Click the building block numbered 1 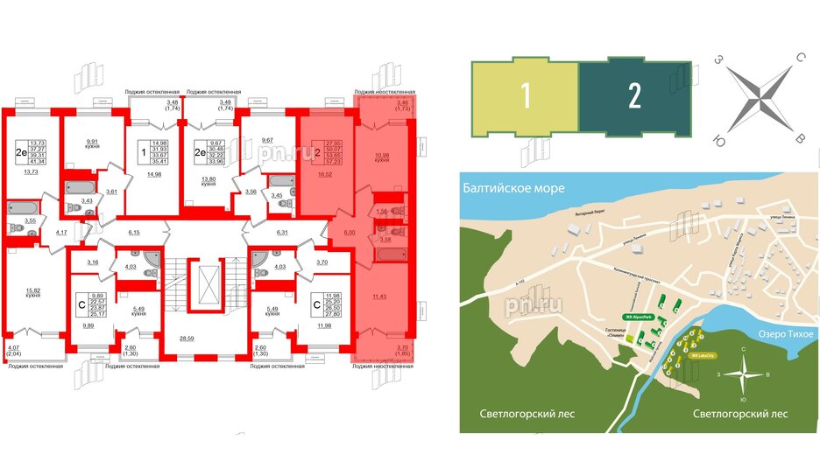tap(523, 98)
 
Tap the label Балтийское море tap(508, 185)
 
